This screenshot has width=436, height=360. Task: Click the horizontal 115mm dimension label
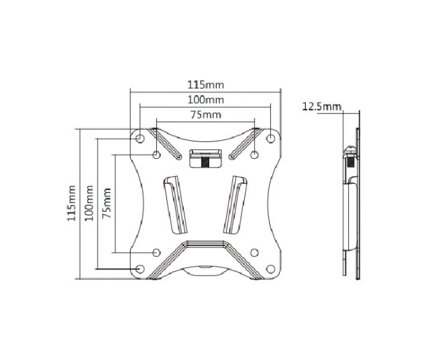(205, 85)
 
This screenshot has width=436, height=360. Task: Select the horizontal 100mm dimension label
(205, 100)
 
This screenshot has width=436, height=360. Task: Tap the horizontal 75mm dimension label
(205, 115)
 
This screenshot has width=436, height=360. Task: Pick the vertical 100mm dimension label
(89, 204)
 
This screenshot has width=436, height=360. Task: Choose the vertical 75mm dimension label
(106, 204)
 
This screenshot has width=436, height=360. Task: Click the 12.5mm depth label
(322, 106)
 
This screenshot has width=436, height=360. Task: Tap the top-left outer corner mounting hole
(140, 137)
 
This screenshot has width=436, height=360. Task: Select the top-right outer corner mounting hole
(271, 137)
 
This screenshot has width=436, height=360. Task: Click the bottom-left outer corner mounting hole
(140, 269)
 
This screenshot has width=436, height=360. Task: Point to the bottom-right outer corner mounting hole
(271, 269)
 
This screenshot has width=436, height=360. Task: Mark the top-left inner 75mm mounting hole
(156, 155)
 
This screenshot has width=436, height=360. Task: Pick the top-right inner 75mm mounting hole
(255, 155)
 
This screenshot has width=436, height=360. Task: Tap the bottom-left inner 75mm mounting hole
(156, 253)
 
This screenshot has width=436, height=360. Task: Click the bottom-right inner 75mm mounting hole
(255, 253)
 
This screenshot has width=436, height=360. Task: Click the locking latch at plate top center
(205, 159)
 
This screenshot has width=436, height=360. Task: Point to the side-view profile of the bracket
(351, 201)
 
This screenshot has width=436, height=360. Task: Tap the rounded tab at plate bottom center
(205, 271)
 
